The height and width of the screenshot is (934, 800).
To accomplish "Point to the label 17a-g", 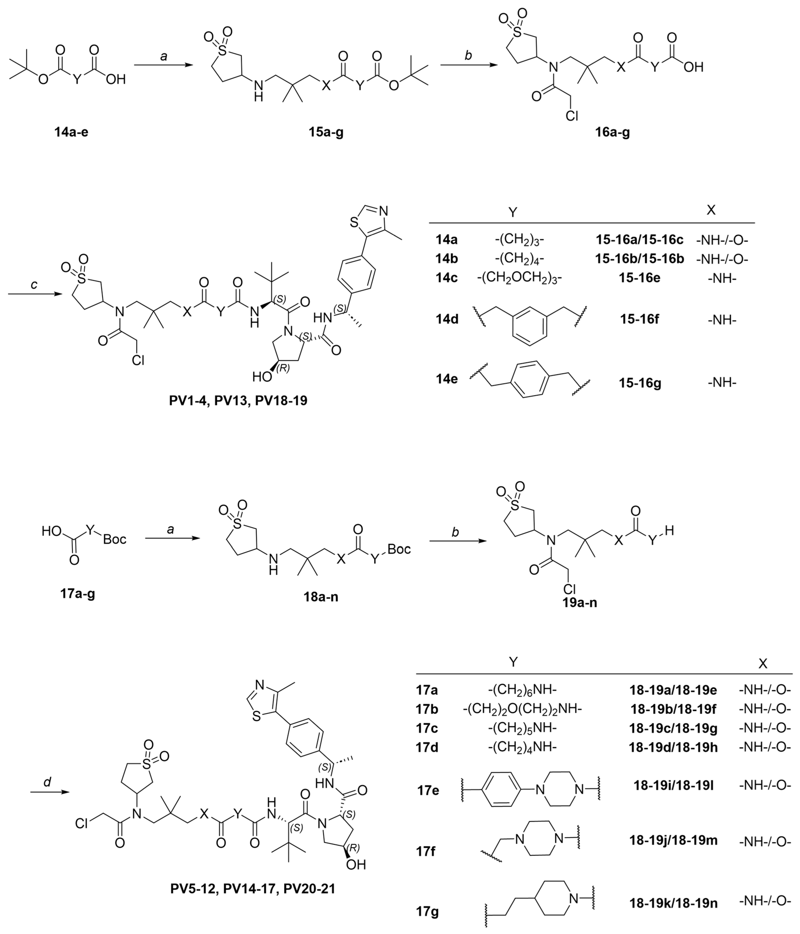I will [x=77, y=593].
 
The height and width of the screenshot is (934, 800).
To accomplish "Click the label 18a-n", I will [x=321, y=597].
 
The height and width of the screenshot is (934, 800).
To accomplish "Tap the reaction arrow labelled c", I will [x=35, y=294].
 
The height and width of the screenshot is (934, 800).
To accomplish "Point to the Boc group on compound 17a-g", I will [x=114, y=539].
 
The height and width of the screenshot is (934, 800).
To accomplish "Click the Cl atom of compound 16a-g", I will [x=572, y=116].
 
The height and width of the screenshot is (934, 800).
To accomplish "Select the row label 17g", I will [x=427, y=911].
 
